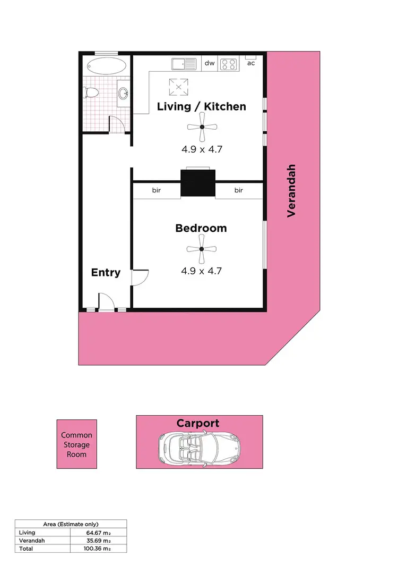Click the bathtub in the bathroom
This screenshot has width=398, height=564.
106,68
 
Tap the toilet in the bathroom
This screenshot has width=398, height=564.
91,94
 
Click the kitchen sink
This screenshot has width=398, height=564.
184,64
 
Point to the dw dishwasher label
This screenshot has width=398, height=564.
210,63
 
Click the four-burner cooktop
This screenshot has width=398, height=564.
229,64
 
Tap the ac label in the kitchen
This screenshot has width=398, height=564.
251,63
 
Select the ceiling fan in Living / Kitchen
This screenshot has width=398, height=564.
202,127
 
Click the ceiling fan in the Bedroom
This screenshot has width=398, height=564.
202,249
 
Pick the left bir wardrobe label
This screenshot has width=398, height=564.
157,190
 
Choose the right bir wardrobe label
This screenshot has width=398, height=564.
239,190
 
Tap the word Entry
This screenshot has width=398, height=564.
106,273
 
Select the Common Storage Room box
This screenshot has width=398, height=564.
76,445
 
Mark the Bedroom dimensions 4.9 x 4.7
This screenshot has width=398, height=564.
201,271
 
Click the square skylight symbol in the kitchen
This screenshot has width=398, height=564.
178,86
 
